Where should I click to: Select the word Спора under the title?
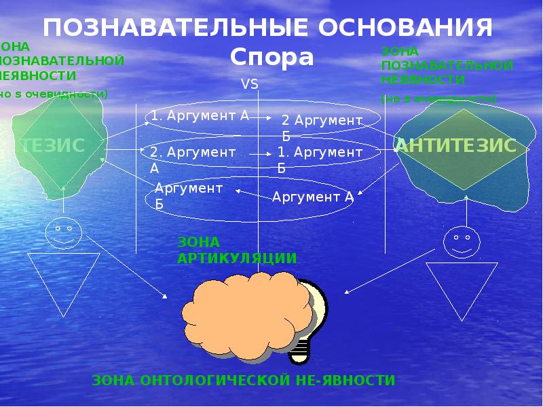click(271, 58)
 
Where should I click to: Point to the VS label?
click(250, 84)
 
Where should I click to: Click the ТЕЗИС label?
click(52, 144)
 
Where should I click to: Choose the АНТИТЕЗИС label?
click(455, 144)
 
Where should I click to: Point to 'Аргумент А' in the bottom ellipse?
click(313, 197)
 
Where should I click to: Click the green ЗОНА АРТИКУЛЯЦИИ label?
click(237, 250)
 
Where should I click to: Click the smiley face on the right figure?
click(462, 243)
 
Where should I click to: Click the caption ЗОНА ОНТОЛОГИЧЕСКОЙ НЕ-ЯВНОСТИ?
click(243, 380)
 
